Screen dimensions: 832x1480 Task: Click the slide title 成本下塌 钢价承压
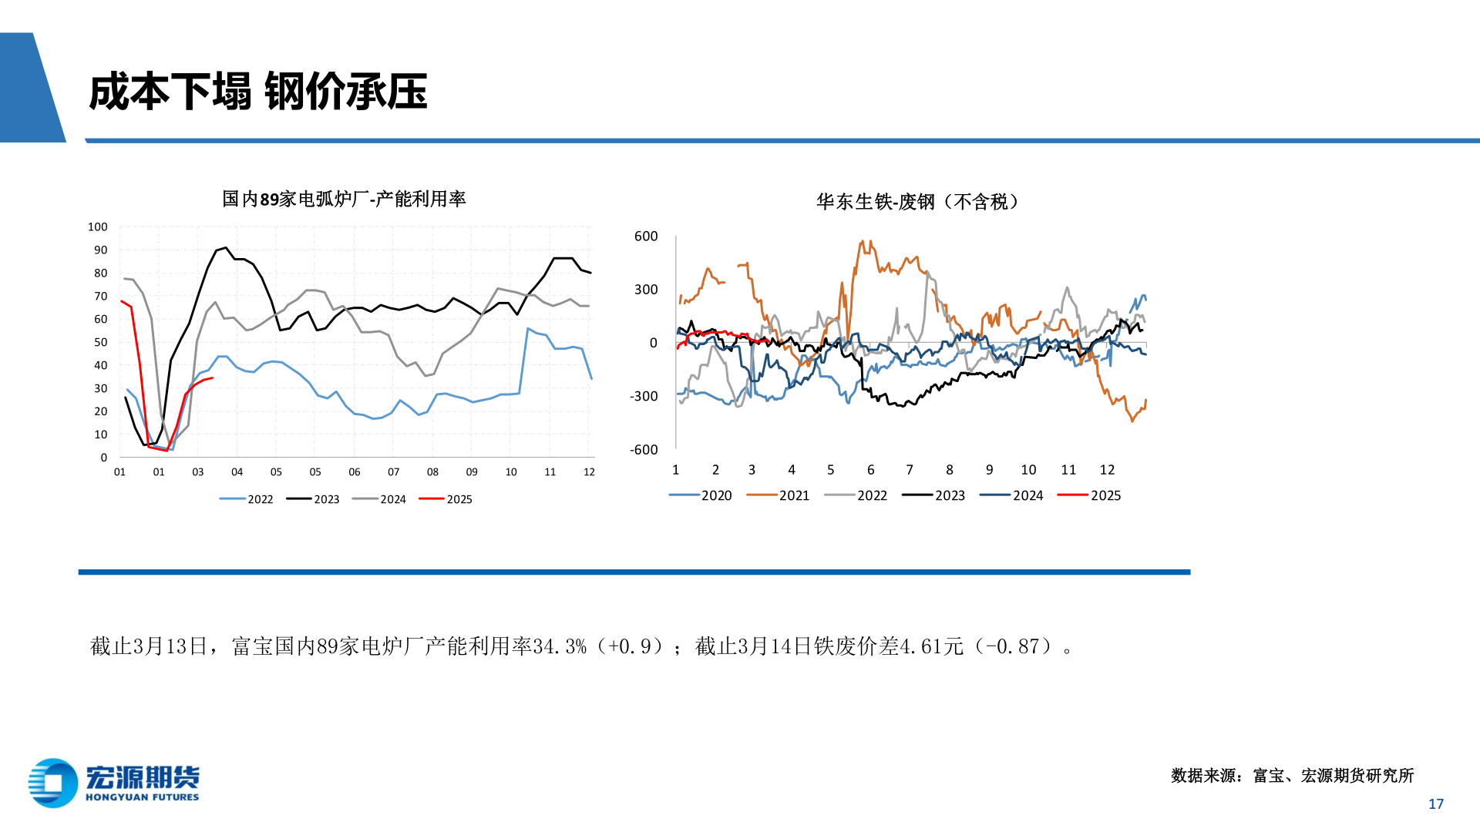[258, 92]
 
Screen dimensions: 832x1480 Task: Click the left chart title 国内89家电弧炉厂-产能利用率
[344, 199]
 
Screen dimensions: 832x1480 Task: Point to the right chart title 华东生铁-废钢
[917, 202]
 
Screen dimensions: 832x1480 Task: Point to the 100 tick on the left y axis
[98, 226]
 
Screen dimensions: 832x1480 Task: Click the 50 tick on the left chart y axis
[101, 342]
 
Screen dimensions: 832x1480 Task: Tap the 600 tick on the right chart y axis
[646, 236]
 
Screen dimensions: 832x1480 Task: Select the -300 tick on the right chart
[644, 396]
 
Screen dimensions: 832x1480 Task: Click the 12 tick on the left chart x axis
[589, 471]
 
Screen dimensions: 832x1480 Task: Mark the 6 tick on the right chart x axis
[870, 469]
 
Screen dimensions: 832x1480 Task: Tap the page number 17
[1435, 803]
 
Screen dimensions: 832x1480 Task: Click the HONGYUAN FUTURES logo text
[142, 797]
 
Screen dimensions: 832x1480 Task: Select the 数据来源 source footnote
[1292, 775]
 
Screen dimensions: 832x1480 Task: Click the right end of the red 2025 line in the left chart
[212, 377]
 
